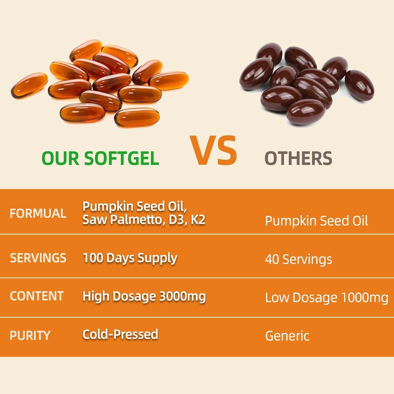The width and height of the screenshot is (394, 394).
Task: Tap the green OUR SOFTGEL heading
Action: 100,158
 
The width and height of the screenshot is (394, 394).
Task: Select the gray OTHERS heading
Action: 298,158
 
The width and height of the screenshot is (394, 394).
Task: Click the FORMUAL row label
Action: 38,213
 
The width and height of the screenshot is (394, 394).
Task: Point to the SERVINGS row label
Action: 38,258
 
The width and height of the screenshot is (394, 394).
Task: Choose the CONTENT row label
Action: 37,296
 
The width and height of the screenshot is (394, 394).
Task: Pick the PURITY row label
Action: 30,335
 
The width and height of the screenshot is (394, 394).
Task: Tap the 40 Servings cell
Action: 299,260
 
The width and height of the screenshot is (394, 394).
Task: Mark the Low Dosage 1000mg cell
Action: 327,298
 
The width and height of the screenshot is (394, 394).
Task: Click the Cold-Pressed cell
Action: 120,334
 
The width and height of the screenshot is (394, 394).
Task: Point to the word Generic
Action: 287,336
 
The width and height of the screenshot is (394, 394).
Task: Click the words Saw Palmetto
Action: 123,220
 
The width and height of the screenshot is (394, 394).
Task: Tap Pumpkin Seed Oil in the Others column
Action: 317,221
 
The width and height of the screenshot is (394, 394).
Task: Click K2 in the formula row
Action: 198,220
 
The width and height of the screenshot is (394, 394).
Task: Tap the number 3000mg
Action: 183,296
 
